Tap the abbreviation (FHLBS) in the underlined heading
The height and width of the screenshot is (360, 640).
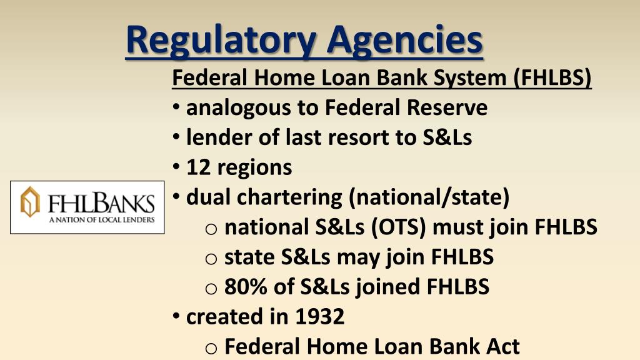point(552,78)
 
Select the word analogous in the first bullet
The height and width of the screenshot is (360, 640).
point(239,108)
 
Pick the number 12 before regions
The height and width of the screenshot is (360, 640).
point(198,167)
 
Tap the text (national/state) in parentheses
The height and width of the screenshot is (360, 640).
point(430,197)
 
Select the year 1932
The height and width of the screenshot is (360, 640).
point(319,316)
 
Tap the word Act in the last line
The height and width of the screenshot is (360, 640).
point(501,346)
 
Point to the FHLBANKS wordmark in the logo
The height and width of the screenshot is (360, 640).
point(102,203)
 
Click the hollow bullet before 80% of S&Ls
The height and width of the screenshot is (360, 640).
point(211,287)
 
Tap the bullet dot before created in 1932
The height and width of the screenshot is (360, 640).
point(177,316)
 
